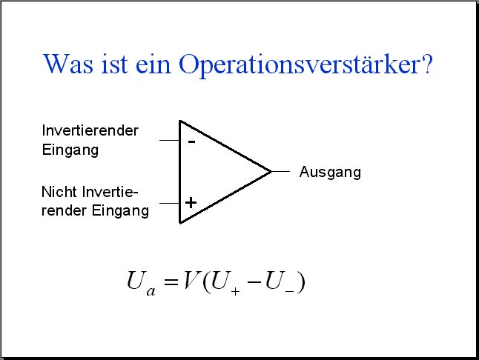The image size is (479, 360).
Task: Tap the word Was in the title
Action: pyautogui.click(x=68, y=64)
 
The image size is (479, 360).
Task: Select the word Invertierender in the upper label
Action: pyautogui.click(x=90, y=130)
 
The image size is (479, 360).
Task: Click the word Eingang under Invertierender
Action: pyautogui.click(x=70, y=150)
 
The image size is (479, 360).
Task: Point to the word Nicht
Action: pyautogui.click(x=59, y=192)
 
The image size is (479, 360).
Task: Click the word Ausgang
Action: pyautogui.click(x=330, y=173)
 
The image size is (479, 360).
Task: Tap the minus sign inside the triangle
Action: pyautogui.click(x=191, y=141)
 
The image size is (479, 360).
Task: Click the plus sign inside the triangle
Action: pyautogui.click(x=191, y=203)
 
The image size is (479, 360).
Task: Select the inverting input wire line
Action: pyautogui.click(x=170, y=140)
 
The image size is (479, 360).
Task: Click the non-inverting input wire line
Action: pyautogui.click(x=170, y=203)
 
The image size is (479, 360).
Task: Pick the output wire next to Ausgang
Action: pyautogui.click(x=280, y=171)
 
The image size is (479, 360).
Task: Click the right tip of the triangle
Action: pyautogui.click(x=271, y=172)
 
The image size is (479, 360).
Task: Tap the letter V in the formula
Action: pyautogui.click(x=191, y=280)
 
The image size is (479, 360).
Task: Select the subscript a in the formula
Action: pyautogui.click(x=151, y=291)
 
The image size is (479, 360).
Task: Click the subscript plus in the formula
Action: pyautogui.click(x=235, y=292)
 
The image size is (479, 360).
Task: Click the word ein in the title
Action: pyautogui.click(x=153, y=64)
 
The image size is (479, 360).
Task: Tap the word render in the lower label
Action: pyautogui.click(x=64, y=210)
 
